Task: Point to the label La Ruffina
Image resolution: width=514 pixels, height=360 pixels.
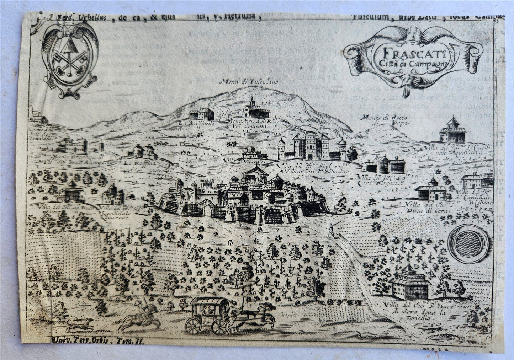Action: pyautogui.click(x=136, y=163)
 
